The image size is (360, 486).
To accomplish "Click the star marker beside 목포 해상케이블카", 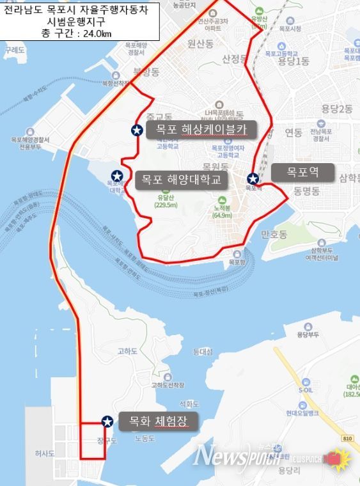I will (x=136, y=130).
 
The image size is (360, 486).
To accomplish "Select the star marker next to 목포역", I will (x=253, y=178).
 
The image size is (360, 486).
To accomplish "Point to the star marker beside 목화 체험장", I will (x=107, y=421).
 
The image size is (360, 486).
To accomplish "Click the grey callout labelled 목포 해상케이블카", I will (x=201, y=130).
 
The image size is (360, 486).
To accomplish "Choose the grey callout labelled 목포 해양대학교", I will (x=181, y=180).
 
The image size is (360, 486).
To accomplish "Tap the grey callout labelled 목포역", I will (x=302, y=172).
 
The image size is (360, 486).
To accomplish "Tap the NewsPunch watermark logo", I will (x=230, y=455).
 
